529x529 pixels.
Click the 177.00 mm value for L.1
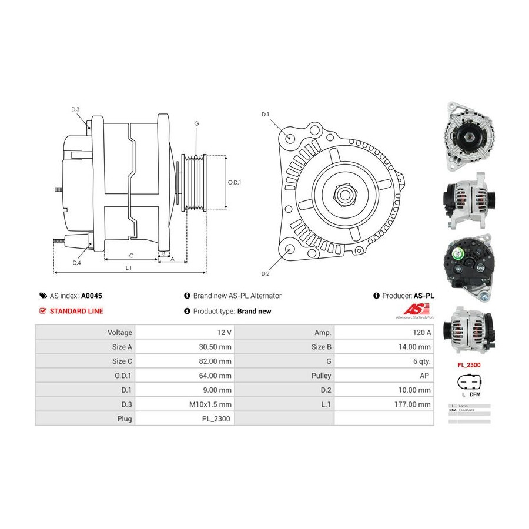point(413,404)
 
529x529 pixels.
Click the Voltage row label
point(120,332)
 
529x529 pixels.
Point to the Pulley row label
point(322,376)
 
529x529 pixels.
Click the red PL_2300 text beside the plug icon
point(469,364)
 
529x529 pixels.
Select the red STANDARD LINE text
point(76,312)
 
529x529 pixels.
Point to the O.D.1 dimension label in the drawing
point(235,182)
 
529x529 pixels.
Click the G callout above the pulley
point(196,123)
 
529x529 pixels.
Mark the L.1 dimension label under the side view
point(128,268)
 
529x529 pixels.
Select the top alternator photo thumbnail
point(470,136)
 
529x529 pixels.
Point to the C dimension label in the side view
point(131,255)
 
